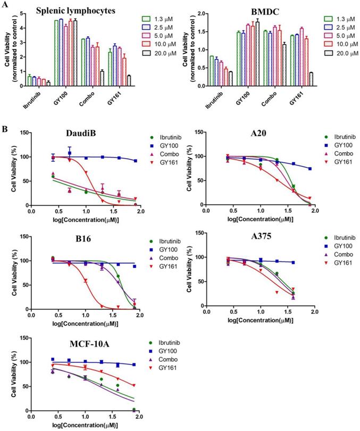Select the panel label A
5,5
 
